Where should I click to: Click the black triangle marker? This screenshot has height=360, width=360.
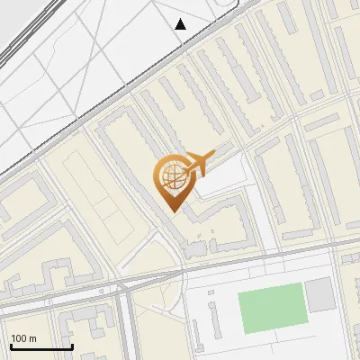[x=181, y=24]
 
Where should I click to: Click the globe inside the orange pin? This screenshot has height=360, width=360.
[x=173, y=177]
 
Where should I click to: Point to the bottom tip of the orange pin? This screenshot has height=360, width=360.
[x=173, y=211]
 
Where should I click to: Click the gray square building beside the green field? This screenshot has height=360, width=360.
[x=319, y=294]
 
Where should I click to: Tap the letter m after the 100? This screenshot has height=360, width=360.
[x=32, y=338]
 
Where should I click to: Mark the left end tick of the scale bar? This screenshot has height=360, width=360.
[x=11, y=346]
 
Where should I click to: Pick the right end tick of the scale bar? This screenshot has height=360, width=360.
[x=72, y=346]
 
